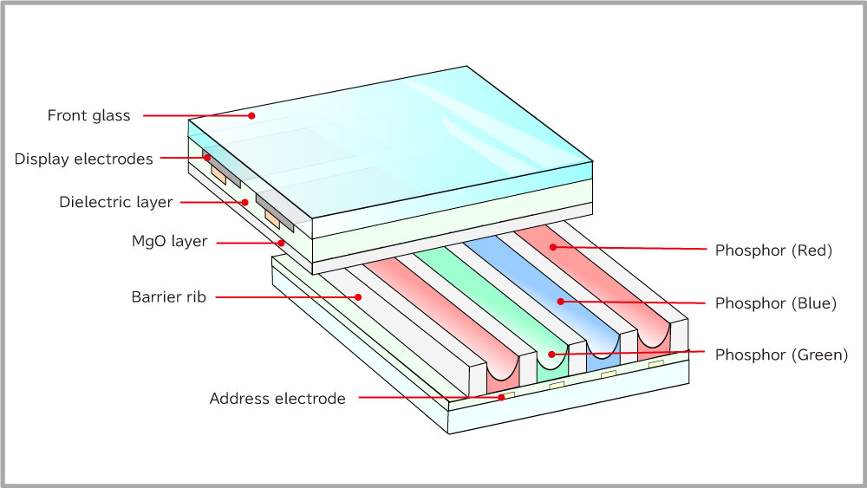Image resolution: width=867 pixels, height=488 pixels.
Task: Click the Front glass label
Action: click(89, 115)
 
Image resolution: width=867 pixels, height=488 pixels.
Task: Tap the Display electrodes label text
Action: click(83, 159)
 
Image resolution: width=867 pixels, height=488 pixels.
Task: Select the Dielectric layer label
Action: click(116, 202)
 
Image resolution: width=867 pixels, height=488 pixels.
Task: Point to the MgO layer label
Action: click(169, 242)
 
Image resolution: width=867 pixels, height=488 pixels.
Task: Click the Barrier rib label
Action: click(169, 297)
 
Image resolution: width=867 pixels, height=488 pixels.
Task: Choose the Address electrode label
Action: click(277, 399)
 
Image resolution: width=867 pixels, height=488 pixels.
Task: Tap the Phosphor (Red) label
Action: click(773, 251)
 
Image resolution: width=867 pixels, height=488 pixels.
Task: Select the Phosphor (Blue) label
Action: click(776, 303)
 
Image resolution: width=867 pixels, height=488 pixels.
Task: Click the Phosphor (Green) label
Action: click(781, 355)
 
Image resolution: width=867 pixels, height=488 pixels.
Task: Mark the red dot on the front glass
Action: click(251, 115)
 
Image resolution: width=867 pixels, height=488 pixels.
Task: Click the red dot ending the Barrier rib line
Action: click(358, 297)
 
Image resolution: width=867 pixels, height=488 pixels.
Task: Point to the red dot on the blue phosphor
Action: click(561, 302)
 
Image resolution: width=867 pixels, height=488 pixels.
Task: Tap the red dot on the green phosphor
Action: click(551, 355)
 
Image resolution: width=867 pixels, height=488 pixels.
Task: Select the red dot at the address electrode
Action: click(501, 397)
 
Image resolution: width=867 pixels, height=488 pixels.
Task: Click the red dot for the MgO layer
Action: click(282, 243)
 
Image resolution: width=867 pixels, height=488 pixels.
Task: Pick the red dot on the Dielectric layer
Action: click(245, 202)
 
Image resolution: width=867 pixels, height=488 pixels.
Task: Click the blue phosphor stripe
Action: click(547, 293)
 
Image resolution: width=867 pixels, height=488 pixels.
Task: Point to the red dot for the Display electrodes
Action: click(207, 158)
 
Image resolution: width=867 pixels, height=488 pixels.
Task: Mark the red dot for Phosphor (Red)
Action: click(553, 247)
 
